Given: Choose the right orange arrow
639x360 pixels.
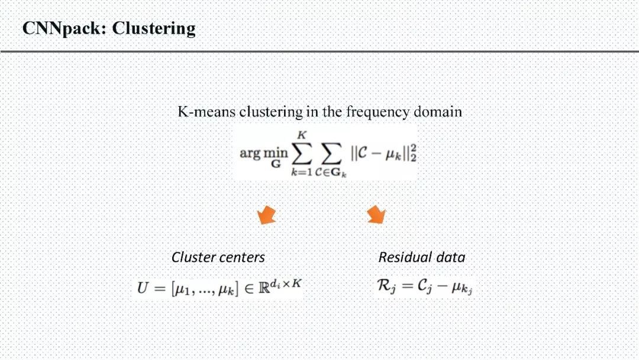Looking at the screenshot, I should point(376,214).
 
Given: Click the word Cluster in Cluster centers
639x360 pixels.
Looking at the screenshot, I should point(191,258).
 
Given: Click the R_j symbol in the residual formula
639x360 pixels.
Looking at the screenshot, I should point(386,287).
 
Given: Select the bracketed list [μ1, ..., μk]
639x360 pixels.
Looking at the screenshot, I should point(204,289).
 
